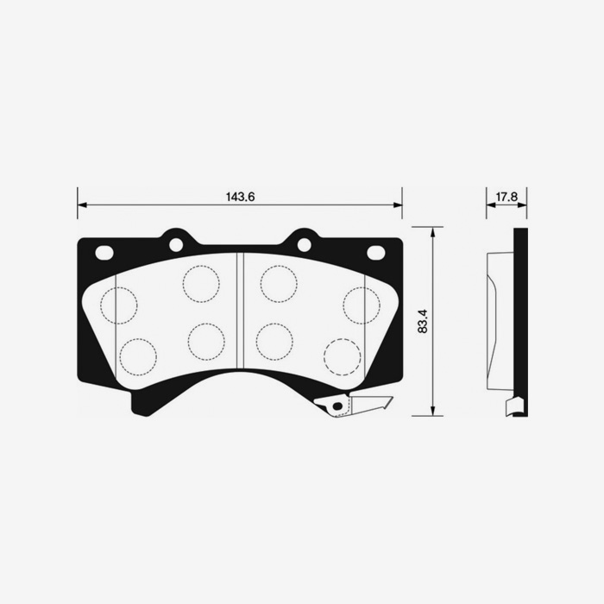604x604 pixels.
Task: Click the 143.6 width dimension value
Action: pyautogui.click(x=241, y=197)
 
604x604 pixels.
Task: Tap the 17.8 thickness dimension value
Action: pyautogui.click(x=506, y=197)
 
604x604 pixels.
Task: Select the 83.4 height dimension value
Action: pyautogui.click(x=422, y=321)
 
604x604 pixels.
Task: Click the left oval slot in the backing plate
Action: pyautogui.click(x=104, y=253)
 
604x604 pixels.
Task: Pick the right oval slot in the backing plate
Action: pyautogui.click(x=376, y=253)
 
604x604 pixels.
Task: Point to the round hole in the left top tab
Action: pyautogui.click(x=176, y=244)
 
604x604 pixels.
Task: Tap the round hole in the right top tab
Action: pyautogui.click(x=304, y=244)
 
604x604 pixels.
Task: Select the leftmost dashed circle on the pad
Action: pyautogui.click(x=119, y=305)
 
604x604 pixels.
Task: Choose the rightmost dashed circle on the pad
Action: pyautogui.click(x=362, y=305)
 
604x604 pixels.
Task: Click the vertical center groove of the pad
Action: pyautogui.click(x=241, y=311)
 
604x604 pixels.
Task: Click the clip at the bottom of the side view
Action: pyautogui.click(x=513, y=406)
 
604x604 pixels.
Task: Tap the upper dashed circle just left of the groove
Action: pyautogui.click(x=202, y=284)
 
